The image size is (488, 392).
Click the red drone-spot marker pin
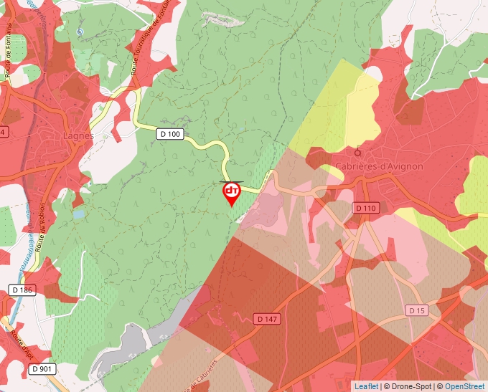pyautogui.click(x=232, y=192)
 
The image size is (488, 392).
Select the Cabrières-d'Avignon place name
pyautogui.click(x=379, y=166)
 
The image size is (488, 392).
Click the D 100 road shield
pyautogui.click(x=170, y=133)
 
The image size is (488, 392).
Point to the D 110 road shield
pyautogui.click(x=365, y=208)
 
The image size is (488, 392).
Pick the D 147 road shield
pyautogui.click(x=266, y=318)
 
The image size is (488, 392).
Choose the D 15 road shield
pyautogui.click(x=417, y=310)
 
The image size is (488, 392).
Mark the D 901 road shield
pyautogui.click(x=42, y=369)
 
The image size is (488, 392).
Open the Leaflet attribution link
pyautogui.click(x=366, y=386)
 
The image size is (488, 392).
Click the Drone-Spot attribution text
pyautogui.click(x=408, y=386)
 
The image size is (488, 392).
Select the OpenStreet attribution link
pyautogui.click(x=464, y=386)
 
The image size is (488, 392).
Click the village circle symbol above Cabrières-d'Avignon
pyautogui.click(x=358, y=151)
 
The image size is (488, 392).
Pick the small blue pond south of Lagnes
pyautogui.click(x=78, y=213)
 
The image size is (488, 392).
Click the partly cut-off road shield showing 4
pyautogui.click(x=3, y=133)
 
